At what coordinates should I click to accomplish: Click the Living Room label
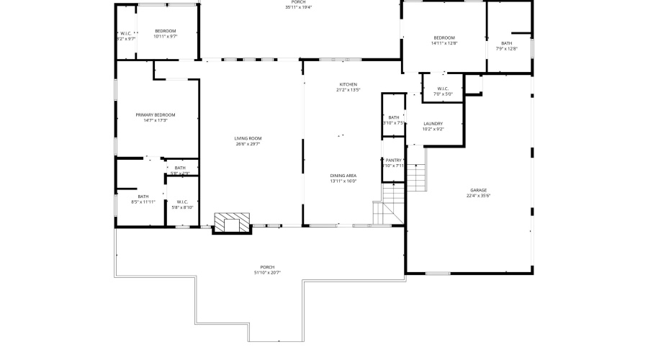tap(248, 138)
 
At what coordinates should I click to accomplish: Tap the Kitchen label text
tap(348, 84)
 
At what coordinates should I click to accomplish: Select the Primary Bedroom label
tap(156, 114)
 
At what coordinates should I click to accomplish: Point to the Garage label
tap(479, 189)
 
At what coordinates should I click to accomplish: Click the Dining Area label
tap(343, 176)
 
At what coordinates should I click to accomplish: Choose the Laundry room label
tap(433, 124)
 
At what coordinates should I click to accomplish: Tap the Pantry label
tap(393, 161)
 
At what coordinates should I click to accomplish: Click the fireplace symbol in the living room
tap(232, 222)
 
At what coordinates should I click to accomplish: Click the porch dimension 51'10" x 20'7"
tap(267, 273)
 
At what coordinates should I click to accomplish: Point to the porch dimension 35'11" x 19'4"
tap(298, 8)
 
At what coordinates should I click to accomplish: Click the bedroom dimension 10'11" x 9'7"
tap(166, 36)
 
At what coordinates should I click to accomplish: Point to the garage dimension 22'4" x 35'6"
tap(479, 195)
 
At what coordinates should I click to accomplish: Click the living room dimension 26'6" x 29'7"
tap(248, 144)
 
